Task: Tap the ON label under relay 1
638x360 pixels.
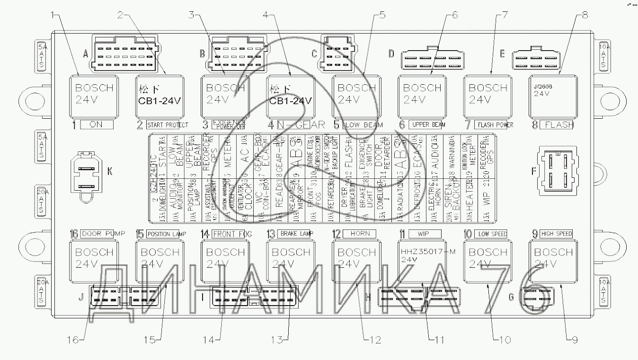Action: pos(96,125)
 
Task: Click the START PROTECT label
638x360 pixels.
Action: pos(166,125)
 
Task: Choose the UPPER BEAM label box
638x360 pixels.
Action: pos(427,125)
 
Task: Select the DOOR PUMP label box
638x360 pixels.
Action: pos(99,233)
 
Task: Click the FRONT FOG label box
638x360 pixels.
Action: pos(231,233)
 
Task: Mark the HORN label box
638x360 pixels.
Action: pos(360,233)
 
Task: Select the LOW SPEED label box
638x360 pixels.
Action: pos(493,233)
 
